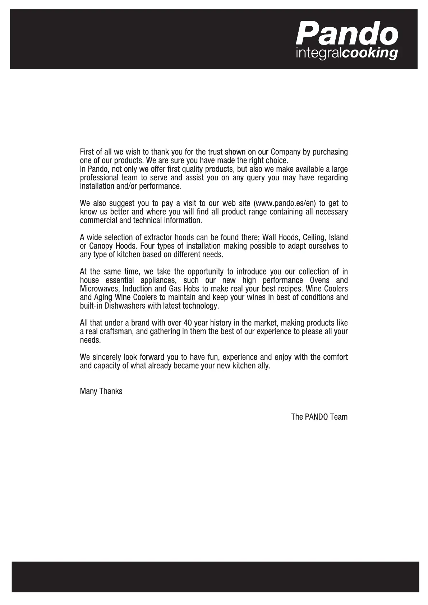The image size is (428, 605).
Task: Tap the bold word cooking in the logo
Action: [x=370, y=53]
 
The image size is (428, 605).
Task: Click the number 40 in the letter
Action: [x=188, y=323]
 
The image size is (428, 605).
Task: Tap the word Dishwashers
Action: [x=125, y=306]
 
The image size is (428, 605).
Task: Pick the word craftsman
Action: [x=116, y=332]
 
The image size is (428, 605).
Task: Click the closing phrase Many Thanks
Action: [x=101, y=391]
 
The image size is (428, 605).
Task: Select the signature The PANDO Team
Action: [x=319, y=417]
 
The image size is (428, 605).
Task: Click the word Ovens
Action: [x=319, y=280]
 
